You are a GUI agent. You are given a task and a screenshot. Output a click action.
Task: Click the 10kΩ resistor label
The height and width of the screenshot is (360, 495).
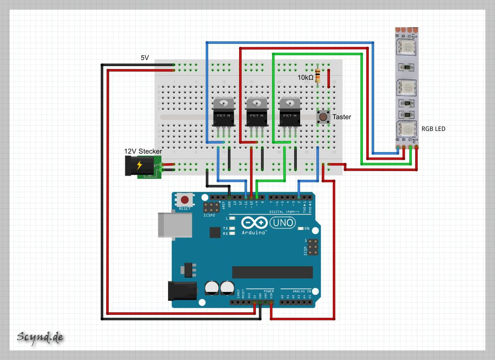point(305,78)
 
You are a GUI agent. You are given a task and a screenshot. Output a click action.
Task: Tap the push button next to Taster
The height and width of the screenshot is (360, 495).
point(323,117)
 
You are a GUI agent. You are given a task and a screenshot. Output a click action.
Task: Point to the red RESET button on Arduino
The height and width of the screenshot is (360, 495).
point(184,200)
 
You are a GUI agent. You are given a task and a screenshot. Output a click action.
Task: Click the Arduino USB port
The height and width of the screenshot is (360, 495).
point(175,225)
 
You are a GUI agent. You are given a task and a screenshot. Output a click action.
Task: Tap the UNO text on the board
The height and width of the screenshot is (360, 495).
point(283,224)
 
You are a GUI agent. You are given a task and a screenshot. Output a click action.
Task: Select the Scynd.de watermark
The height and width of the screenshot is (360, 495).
point(40,337)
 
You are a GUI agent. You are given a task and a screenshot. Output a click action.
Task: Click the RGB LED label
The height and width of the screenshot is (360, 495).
point(433,129)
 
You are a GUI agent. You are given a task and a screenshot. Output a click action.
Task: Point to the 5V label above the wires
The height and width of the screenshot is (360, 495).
point(145,58)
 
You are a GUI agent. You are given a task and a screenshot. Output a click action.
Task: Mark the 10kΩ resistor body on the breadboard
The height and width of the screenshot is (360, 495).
point(318,76)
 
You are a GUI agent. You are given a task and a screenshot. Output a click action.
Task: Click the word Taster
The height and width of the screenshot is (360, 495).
point(342,117)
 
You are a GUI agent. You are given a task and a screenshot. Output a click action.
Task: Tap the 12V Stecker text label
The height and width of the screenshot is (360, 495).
point(143,151)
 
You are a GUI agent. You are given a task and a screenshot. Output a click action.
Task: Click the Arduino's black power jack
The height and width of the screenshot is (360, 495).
point(182,291)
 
